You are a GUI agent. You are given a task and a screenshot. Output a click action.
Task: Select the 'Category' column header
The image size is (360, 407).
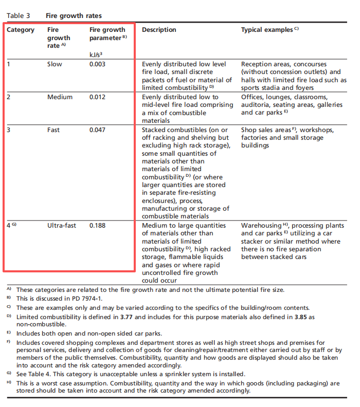click(21, 30)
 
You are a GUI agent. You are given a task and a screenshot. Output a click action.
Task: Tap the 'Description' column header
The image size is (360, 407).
click(159, 30)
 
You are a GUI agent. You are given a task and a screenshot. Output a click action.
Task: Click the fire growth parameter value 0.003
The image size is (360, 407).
click(98, 64)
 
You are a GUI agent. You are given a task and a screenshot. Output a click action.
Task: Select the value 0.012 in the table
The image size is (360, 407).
click(98, 97)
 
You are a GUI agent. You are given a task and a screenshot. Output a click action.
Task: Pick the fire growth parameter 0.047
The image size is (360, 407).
click(98, 130)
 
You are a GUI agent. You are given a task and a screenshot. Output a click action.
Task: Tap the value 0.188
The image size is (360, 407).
click(98, 226)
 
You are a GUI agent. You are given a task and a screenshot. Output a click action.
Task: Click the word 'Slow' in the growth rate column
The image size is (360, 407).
click(55, 64)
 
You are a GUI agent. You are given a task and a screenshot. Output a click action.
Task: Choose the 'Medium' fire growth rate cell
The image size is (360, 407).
click(60, 97)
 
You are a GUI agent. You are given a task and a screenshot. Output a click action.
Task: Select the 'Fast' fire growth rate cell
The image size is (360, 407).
click(53, 130)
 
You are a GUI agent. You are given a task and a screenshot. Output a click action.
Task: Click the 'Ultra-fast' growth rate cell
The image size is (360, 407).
click(62, 226)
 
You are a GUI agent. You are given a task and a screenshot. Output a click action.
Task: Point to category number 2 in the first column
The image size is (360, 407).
click(9, 97)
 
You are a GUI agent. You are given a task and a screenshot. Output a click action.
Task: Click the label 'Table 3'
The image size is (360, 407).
click(18, 16)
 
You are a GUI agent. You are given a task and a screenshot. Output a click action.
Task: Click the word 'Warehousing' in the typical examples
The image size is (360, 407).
click(261, 226)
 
